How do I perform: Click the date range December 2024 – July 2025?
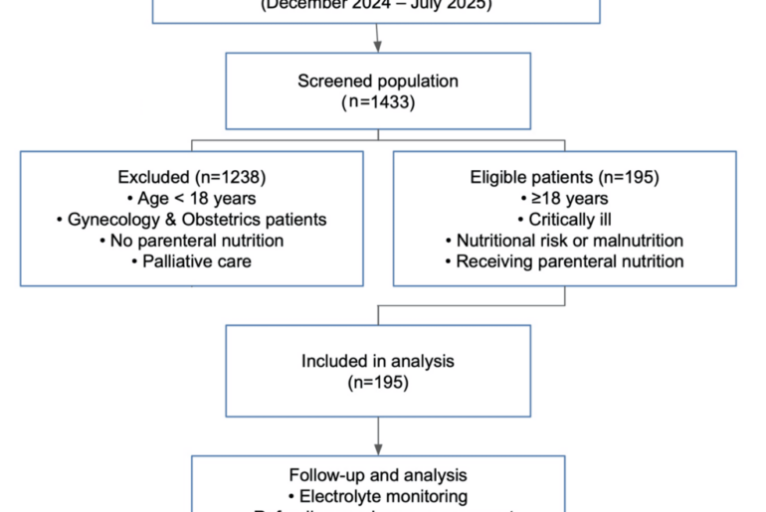click(377, 5)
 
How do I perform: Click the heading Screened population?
click(378, 80)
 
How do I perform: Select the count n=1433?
click(378, 100)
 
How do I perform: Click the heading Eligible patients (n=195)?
click(564, 177)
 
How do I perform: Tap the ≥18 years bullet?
click(564, 198)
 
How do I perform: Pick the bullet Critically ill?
click(564, 219)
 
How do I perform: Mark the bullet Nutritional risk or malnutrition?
click(564, 240)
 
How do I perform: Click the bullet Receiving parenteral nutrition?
click(564, 261)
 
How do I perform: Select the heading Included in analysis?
click(378, 361)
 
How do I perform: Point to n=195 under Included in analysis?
click(378, 382)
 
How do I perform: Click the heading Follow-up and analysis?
click(378, 475)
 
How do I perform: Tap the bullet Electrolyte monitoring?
click(378, 495)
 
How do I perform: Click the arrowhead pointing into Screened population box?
click(378, 46)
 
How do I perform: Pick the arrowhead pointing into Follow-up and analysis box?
click(378, 449)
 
